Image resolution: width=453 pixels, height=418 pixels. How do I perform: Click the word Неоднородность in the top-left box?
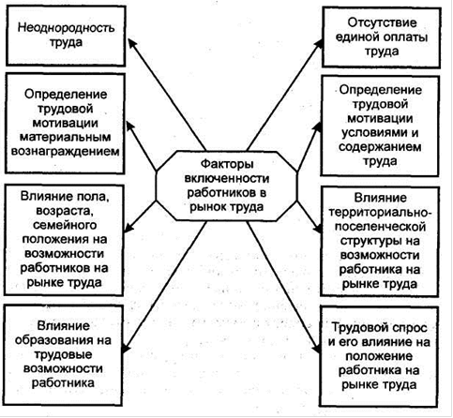[x=66, y=28]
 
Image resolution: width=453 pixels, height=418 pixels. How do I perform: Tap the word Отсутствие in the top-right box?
[x=382, y=22]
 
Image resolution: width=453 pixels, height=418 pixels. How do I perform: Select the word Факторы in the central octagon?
[x=227, y=164]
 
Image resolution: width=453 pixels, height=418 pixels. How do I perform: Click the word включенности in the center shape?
[x=227, y=179]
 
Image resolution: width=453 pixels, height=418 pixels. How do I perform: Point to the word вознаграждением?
[x=66, y=152]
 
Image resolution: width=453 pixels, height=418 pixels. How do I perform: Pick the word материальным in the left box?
[x=66, y=137]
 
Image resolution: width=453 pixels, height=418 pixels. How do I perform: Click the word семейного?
[x=65, y=225]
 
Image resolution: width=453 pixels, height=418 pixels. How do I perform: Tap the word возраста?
[x=65, y=211]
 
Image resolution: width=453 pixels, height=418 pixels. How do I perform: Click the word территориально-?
[x=380, y=213]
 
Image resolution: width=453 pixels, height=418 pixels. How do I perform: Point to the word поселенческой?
[x=380, y=227]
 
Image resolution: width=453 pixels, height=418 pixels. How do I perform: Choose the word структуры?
[x=369, y=241]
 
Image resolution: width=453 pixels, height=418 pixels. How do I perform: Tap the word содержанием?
[x=380, y=147]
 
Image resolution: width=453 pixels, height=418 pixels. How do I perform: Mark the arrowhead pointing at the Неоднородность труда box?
[x=132, y=43]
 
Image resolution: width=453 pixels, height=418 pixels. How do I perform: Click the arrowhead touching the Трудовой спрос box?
[x=316, y=349]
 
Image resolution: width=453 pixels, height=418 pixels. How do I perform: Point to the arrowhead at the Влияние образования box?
[x=126, y=349]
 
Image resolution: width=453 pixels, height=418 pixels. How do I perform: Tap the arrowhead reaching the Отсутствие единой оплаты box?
[x=319, y=44]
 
